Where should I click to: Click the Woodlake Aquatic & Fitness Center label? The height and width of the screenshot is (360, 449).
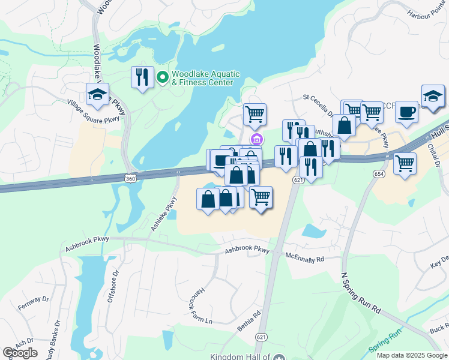point(206,78)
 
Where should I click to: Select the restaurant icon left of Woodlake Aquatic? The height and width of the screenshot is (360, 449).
point(142,77)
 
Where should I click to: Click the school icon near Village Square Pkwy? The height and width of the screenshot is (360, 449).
point(97,94)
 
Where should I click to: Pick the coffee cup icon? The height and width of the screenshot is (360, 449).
point(406,111)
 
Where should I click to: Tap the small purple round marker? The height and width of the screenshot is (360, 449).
point(257,140)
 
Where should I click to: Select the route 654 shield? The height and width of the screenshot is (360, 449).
point(378,173)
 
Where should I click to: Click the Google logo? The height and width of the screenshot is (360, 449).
point(20,353)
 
